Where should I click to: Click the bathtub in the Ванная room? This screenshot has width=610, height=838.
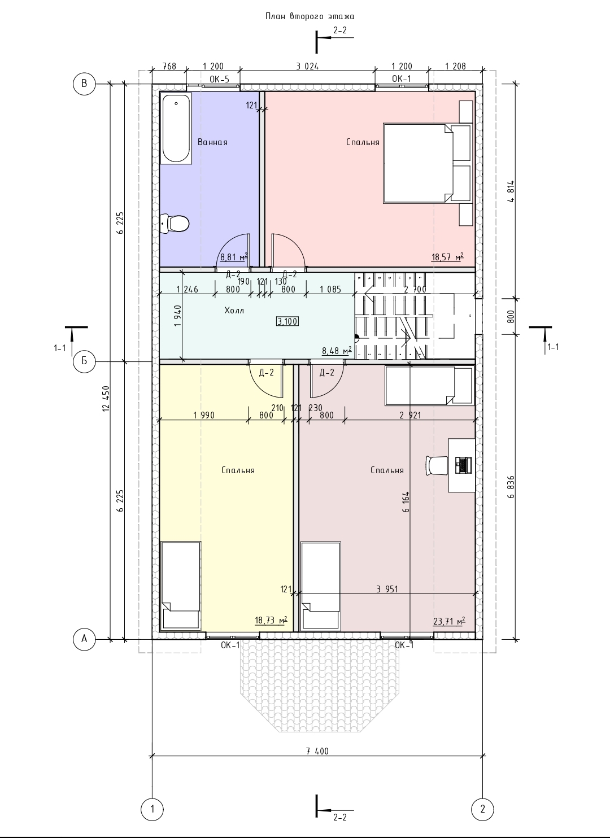(176, 128)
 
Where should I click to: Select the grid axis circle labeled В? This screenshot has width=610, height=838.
(84, 84)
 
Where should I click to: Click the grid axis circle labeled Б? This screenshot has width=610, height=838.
(84, 361)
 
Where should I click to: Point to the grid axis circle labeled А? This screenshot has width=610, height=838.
(84, 639)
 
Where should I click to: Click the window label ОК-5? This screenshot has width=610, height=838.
(219, 79)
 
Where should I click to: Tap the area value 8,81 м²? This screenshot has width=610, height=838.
(234, 257)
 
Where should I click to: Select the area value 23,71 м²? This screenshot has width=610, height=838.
(449, 621)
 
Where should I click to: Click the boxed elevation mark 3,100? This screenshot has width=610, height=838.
(287, 321)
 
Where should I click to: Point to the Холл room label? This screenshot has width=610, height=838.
(234, 310)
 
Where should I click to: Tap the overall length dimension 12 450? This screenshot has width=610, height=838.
(106, 399)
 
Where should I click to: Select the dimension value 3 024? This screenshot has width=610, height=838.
(307, 66)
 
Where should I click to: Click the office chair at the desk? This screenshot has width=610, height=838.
(437, 465)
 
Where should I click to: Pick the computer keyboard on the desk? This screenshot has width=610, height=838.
(463, 465)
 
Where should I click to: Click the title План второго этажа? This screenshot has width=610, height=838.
(310, 16)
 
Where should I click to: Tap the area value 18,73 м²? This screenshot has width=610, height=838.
(271, 621)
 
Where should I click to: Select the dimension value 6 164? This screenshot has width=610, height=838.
(407, 502)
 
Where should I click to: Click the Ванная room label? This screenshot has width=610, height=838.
(212, 142)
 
